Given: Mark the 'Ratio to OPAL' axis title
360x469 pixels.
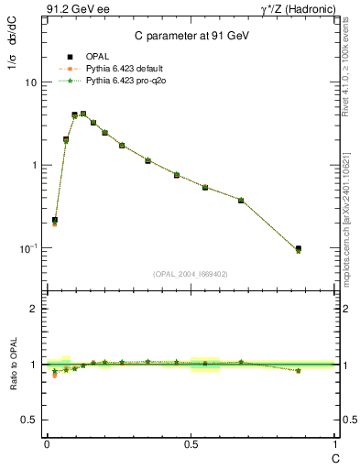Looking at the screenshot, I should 13,365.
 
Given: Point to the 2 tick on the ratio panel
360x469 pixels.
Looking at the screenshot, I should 34,309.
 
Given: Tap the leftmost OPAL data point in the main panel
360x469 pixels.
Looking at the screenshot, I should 55,220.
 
